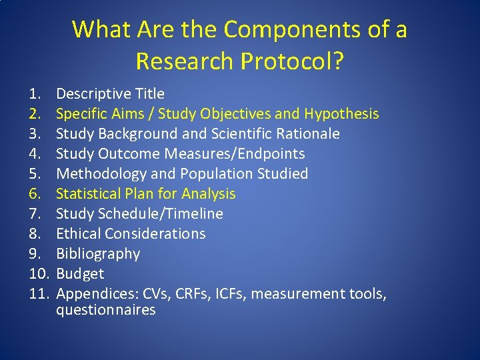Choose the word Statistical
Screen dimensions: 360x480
click(x=84, y=194)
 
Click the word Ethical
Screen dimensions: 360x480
click(x=77, y=234)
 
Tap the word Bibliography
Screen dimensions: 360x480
click(x=98, y=254)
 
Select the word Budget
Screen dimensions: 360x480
click(x=80, y=274)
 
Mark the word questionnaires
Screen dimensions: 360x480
click(x=105, y=310)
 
